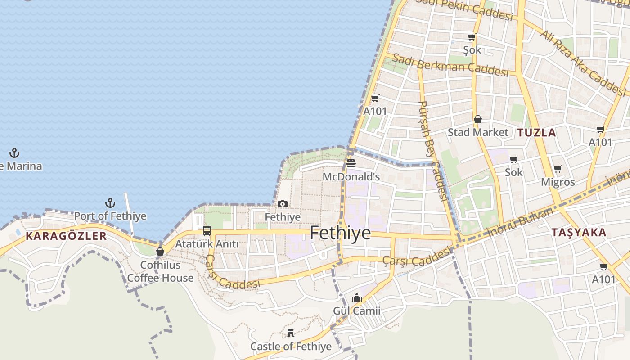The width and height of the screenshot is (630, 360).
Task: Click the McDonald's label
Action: (351, 177)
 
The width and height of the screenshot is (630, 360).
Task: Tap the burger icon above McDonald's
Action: (351, 163)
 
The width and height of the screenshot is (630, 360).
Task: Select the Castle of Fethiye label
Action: (291, 346)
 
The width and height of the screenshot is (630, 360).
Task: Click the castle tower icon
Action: (291, 333)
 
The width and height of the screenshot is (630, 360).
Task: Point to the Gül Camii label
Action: (356, 311)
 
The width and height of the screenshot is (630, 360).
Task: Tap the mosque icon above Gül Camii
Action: (357, 297)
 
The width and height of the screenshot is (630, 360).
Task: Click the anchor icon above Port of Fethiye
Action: (110, 203)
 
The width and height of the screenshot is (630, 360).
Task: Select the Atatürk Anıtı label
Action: (207, 244)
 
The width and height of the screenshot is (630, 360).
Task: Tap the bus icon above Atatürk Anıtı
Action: (207, 231)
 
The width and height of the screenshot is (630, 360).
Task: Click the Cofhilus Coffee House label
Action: (160, 271)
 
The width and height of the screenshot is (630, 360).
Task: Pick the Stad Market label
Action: (477, 132)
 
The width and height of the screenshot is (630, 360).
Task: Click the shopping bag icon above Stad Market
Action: (477, 119)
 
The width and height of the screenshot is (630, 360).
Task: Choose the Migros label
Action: (558, 182)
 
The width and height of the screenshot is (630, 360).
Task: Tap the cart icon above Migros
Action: (558, 169)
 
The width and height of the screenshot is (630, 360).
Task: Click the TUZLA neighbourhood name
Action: (536, 133)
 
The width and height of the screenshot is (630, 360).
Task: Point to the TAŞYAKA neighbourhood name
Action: (579, 233)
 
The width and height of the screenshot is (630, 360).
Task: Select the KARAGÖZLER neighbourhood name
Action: (66, 236)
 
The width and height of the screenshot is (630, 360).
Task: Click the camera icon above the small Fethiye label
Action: (283, 204)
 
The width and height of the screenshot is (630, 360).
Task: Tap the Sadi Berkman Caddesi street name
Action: (450, 65)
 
